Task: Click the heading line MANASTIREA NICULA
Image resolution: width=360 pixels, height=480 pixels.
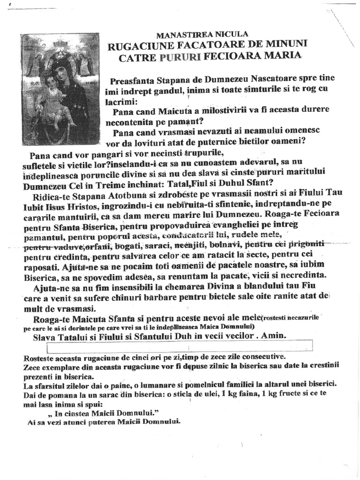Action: (202, 34)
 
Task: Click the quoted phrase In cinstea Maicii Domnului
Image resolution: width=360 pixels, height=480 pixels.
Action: (97, 414)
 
